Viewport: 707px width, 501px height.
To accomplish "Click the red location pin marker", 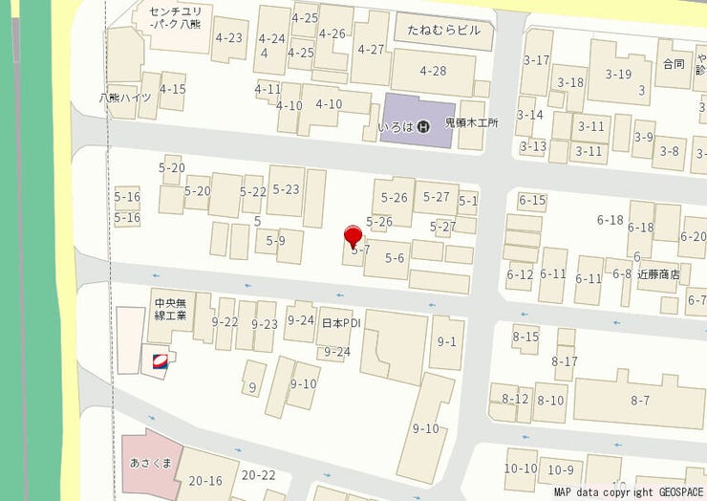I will [x=353, y=235].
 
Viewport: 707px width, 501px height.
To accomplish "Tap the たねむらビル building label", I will [x=442, y=32].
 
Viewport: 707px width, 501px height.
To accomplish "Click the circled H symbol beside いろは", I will [x=425, y=125].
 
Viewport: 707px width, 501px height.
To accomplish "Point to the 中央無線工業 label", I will [x=170, y=310].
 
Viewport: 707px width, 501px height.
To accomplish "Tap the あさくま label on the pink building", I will [x=150, y=464].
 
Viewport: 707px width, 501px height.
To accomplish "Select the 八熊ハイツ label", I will [x=125, y=98].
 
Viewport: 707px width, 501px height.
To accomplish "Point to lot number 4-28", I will [x=433, y=71].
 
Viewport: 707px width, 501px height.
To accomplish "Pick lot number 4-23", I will [x=229, y=38].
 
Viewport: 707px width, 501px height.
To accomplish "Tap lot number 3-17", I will [x=537, y=60].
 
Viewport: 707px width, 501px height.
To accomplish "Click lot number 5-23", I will [x=286, y=189].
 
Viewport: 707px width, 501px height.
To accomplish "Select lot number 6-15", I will [x=532, y=200].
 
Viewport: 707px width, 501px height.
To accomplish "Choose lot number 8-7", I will [x=640, y=399].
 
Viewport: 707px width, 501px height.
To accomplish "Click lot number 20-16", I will [x=205, y=481].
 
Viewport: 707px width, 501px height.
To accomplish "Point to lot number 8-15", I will [x=525, y=336].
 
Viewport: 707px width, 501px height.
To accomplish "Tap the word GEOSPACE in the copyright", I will [x=679, y=493].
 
